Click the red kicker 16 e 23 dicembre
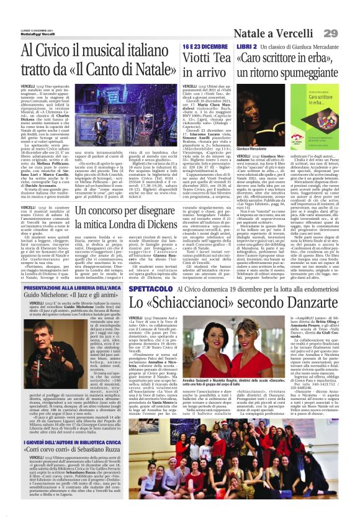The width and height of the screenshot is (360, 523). (203, 47)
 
